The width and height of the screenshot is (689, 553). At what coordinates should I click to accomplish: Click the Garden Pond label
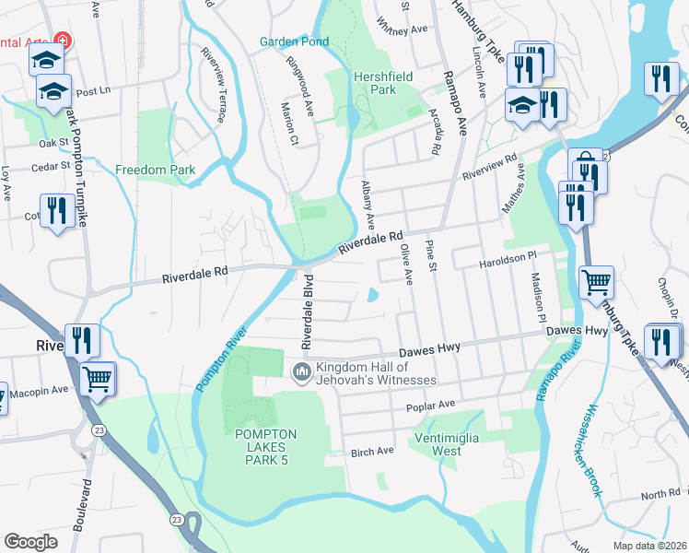(294, 42)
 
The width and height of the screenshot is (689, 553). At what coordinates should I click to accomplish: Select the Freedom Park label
(156, 171)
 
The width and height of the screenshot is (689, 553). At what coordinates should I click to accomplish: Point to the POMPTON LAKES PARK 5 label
(265, 447)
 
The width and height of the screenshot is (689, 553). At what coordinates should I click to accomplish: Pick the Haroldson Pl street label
(507, 257)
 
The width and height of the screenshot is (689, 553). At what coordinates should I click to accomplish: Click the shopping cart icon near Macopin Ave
(98, 377)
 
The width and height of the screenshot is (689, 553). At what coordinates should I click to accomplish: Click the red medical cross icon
(62, 41)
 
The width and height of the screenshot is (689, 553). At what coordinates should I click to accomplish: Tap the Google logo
(30, 541)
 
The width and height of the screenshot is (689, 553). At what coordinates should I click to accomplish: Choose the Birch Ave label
(372, 452)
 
